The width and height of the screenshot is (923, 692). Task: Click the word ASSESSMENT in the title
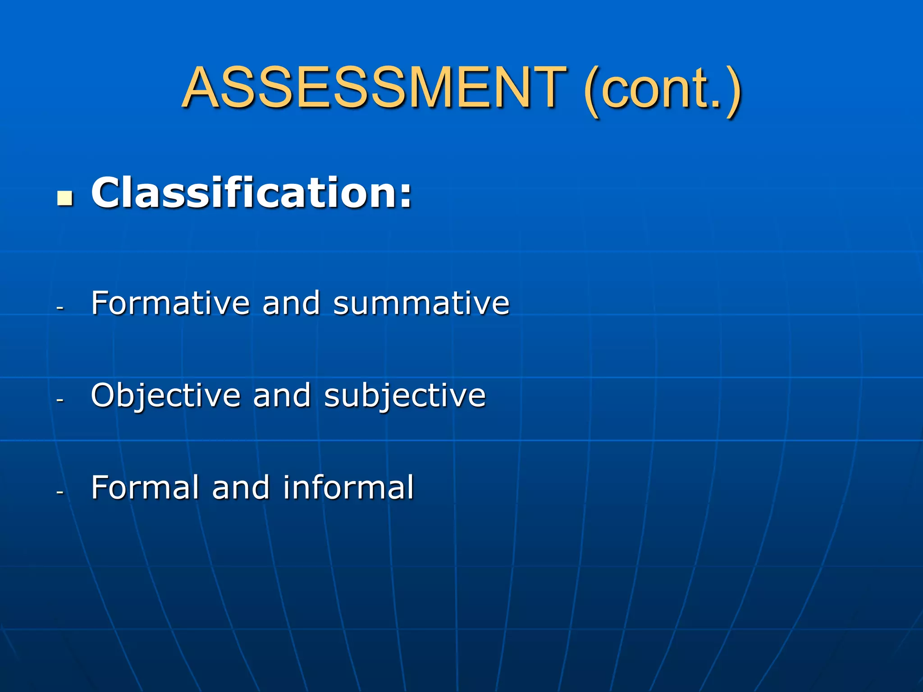(374, 87)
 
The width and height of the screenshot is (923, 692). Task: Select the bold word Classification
(246, 193)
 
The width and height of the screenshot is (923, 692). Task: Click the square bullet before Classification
(65, 198)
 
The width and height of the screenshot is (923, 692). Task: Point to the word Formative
(170, 303)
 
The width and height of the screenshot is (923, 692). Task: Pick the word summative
(421, 303)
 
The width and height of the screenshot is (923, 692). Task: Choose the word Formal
(145, 487)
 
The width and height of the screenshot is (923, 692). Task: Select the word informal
(348, 487)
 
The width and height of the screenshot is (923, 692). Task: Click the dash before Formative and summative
(60, 309)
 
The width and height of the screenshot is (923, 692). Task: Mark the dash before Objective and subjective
(60, 401)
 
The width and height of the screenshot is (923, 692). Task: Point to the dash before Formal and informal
(60, 493)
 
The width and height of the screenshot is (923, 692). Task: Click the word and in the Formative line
(291, 303)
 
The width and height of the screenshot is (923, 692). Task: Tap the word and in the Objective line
(282, 396)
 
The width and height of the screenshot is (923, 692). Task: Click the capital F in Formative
(100, 302)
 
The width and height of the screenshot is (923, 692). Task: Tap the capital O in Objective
(103, 395)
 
